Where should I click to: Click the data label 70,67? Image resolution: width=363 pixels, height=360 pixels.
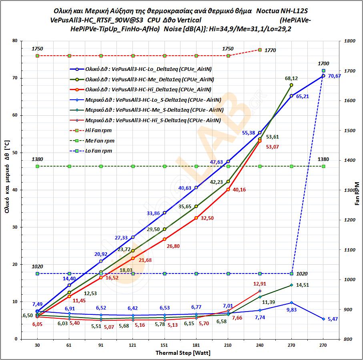(x=334, y=76)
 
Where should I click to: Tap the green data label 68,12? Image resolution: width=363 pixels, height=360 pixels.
(x=291, y=78)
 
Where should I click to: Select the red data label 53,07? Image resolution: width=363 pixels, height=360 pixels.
(x=273, y=147)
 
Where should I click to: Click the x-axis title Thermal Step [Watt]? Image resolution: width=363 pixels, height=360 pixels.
(x=183, y=353)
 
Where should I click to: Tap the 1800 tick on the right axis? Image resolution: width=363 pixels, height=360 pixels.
(x=349, y=41)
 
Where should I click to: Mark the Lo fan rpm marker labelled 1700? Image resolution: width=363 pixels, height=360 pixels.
(x=323, y=70)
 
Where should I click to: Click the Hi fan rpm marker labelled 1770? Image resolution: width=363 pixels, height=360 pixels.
(x=260, y=50)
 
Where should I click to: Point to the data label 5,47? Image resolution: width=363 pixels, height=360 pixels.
(x=334, y=319)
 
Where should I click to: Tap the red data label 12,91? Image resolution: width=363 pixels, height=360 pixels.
(x=260, y=284)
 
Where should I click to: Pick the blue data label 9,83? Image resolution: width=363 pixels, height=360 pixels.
(x=291, y=310)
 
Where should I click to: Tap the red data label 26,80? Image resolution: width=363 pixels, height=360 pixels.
(x=173, y=246)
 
